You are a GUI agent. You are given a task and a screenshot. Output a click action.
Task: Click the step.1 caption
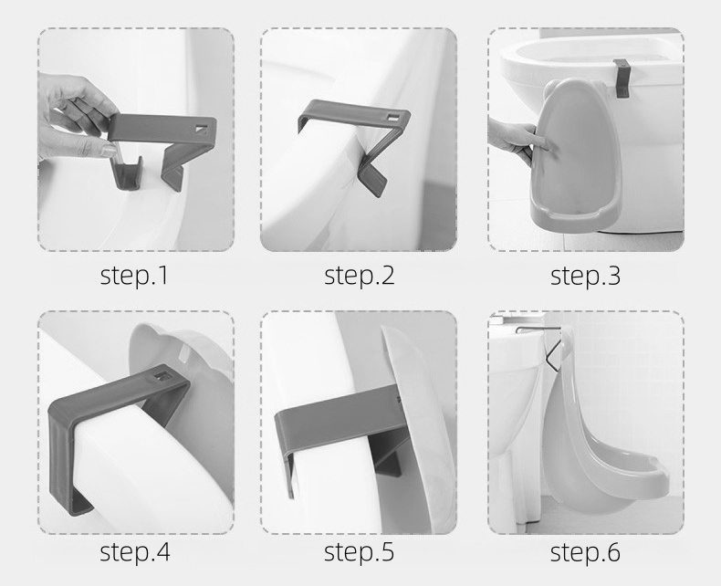tap(134, 276)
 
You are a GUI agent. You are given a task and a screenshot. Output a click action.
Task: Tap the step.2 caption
tap(359, 276)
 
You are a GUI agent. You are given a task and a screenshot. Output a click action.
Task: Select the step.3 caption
tap(585, 276)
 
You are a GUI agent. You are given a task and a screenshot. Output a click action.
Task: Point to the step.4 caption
tap(135, 551)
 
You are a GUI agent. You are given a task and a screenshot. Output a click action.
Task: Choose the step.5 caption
tap(359, 551)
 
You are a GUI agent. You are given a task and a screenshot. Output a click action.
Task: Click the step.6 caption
tap(585, 551)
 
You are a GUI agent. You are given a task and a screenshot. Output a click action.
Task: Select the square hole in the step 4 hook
tap(162, 375)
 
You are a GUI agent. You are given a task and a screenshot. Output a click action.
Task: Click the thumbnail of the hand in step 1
tap(109, 150)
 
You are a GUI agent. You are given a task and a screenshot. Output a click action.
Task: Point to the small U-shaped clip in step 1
tap(126, 173)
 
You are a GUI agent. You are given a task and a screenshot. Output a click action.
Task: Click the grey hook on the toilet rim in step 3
tap(621, 78)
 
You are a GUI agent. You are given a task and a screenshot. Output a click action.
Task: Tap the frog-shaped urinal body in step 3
tap(577, 152)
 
